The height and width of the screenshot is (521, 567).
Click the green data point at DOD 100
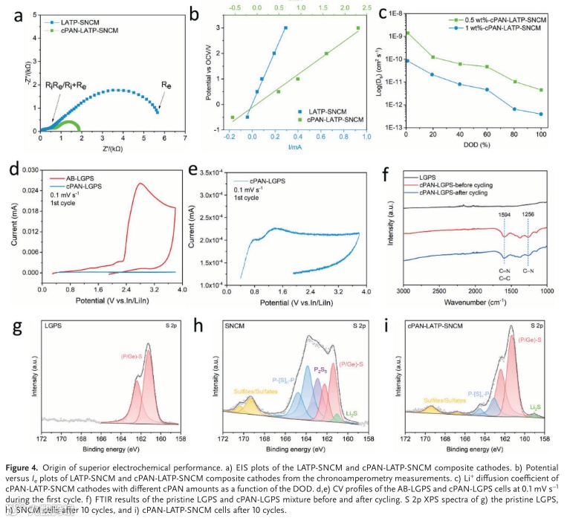[x=540, y=90]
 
